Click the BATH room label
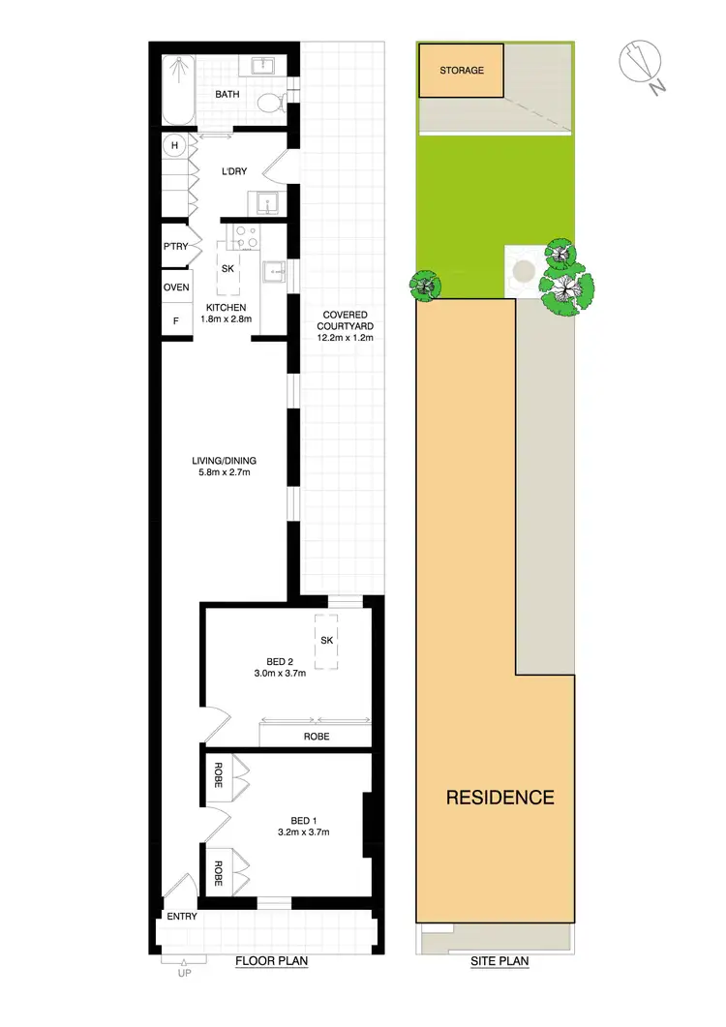click(x=227, y=94)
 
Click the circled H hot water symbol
click(x=175, y=146)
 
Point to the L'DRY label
click(x=235, y=171)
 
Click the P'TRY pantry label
click(x=175, y=247)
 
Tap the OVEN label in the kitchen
click(x=176, y=287)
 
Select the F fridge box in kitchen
click(x=176, y=319)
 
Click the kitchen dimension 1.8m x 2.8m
click(x=226, y=318)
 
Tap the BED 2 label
click(x=280, y=662)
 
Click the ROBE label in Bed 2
click(x=316, y=737)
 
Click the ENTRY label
click(x=182, y=917)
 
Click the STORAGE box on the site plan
click(x=461, y=71)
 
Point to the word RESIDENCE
click(x=499, y=798)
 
